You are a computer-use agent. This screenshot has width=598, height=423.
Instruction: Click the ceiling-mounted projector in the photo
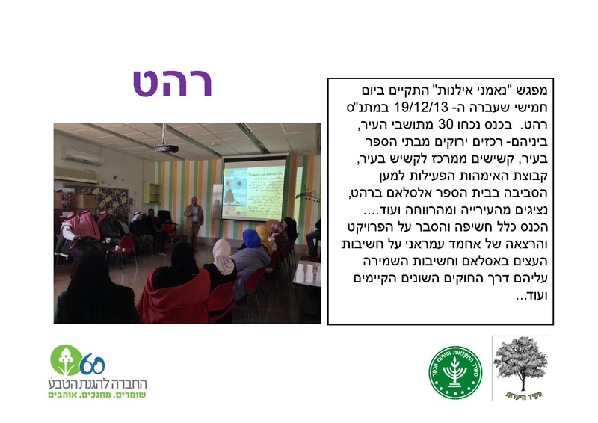(166, 148)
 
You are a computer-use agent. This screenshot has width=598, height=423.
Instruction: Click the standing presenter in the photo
(194, 220)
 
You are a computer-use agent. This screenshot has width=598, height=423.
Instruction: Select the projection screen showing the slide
(254, 188)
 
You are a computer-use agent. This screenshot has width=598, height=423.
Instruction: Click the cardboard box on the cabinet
(84, 200)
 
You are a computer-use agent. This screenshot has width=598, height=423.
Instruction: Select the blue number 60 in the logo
(92, 364)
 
